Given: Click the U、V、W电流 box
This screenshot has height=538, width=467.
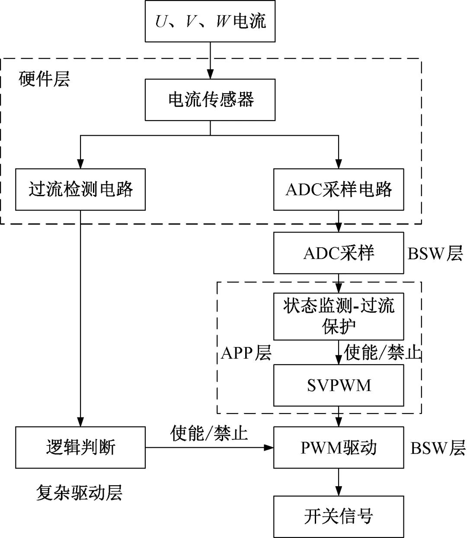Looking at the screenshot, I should coord(210,21).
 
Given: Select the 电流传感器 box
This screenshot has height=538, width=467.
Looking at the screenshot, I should coord(210,100).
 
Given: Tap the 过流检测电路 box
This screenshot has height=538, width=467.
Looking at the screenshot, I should coord(80,189).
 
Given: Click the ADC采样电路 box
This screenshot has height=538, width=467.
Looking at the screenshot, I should coord(339,189).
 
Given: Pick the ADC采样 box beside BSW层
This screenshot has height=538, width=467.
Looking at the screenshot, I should coord(339,253).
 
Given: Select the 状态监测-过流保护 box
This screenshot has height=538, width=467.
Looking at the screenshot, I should coord(339,317).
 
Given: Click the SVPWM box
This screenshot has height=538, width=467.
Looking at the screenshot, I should coord(339,385).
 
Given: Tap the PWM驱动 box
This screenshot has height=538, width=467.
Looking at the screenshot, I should coord(339,447).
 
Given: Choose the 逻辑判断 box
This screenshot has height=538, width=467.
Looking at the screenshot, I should coord(80,447).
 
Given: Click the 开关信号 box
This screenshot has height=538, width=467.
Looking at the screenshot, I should coord(339,516).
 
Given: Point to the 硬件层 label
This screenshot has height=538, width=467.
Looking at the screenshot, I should coord(45,79).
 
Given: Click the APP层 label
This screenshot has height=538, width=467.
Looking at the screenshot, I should coord(246,353).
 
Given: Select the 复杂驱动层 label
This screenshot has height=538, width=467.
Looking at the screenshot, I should coord(79,493).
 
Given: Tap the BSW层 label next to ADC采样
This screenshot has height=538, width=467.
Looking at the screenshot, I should coord(435,253).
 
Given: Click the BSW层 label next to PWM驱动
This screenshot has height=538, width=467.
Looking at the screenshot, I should coord(438,448).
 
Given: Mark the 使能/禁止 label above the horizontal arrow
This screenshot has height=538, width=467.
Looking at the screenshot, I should coord(209,433).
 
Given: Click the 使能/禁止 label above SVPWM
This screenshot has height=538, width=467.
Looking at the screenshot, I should coord(383,353).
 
